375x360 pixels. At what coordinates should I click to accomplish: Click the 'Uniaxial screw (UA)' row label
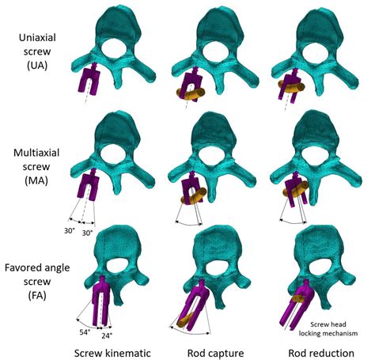37,51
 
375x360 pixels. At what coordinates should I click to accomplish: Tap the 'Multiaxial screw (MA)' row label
36,167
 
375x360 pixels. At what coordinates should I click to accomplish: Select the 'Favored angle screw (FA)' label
37,282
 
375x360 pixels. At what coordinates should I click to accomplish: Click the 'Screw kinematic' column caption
112,353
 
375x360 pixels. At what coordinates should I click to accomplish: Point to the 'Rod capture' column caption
215,353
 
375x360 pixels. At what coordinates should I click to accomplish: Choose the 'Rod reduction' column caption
321,353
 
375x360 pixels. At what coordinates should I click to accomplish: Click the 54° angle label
85,332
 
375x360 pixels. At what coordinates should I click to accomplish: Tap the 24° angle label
107,335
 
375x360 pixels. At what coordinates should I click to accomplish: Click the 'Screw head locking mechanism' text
328,329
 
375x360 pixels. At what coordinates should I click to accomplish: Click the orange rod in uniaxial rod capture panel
191,93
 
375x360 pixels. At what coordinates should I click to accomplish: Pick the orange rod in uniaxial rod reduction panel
292,86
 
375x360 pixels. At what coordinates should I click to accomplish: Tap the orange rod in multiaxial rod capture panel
194,195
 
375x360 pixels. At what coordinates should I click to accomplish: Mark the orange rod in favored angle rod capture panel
185,320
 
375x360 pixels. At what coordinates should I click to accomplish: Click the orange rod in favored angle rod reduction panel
299,298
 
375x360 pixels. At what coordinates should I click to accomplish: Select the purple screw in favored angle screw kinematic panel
100,301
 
